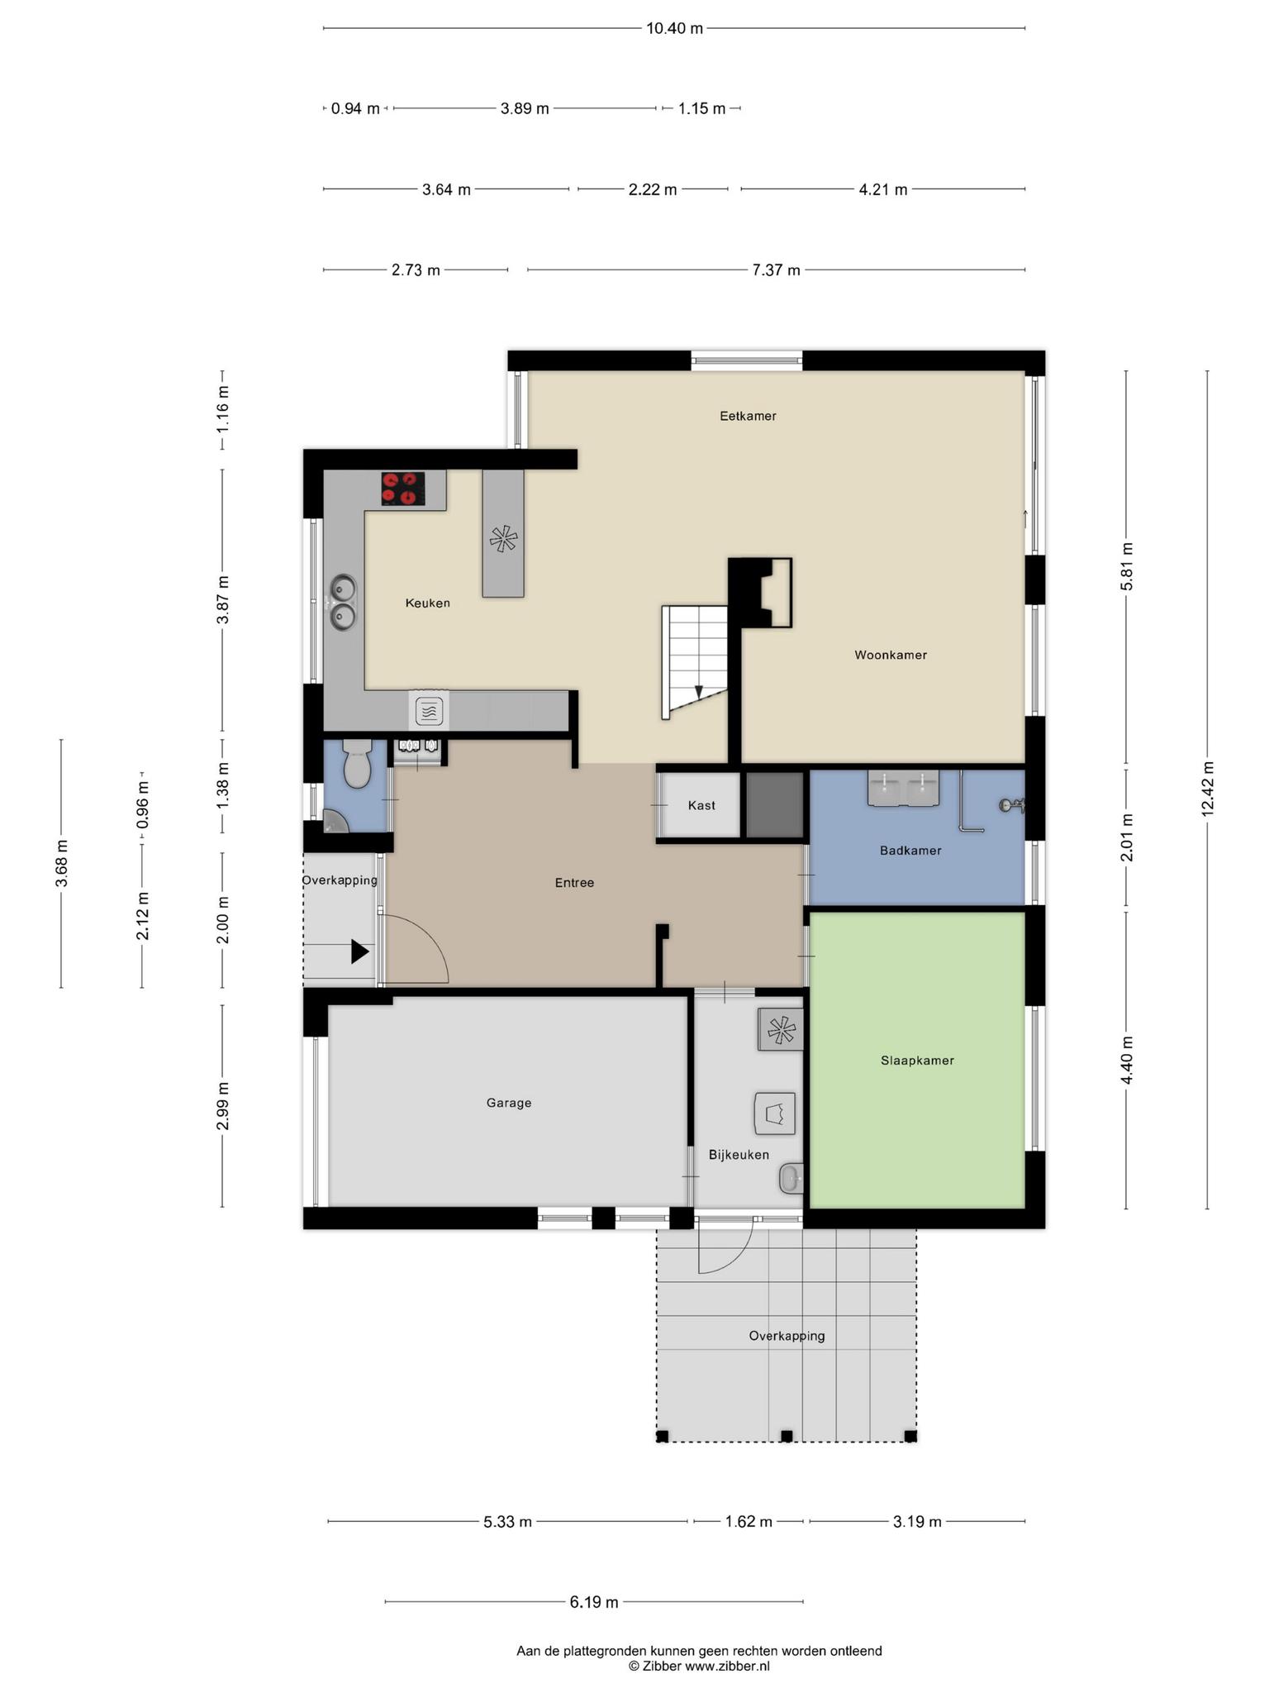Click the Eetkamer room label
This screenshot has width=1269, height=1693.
(x=748, y=416)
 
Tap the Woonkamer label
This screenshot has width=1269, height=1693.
(x=891, y=655)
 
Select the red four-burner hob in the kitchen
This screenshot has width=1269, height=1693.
(x=403, y=489)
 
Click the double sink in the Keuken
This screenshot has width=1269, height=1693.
(x=343, y=602)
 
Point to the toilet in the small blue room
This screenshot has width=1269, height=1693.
(x=357, y=762)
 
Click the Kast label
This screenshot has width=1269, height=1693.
(x=701, y=805)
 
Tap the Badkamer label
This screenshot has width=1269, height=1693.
(x=910, y=850)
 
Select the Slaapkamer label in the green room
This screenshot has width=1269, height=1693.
(x=917, y=1060)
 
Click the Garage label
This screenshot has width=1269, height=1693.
(x=509, y=1102)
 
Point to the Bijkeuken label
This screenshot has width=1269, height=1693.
(x=739, y=1155)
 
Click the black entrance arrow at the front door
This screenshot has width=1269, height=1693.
(x=359, y=951)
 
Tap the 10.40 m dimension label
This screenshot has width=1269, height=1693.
(x=674, y=28)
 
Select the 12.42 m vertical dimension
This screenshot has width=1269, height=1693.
(x=1207, y=789)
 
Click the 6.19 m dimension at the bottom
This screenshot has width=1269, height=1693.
(x=594, y=1602)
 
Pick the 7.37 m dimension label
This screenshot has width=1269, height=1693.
(x=776, y=269)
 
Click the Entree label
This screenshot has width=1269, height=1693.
(x=574, y=883)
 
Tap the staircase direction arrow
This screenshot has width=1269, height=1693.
(x=698, y=693)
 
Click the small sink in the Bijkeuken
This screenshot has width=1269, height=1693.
(x=791, y=1178)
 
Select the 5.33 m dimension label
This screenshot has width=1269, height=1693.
(x=507, y=1522)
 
